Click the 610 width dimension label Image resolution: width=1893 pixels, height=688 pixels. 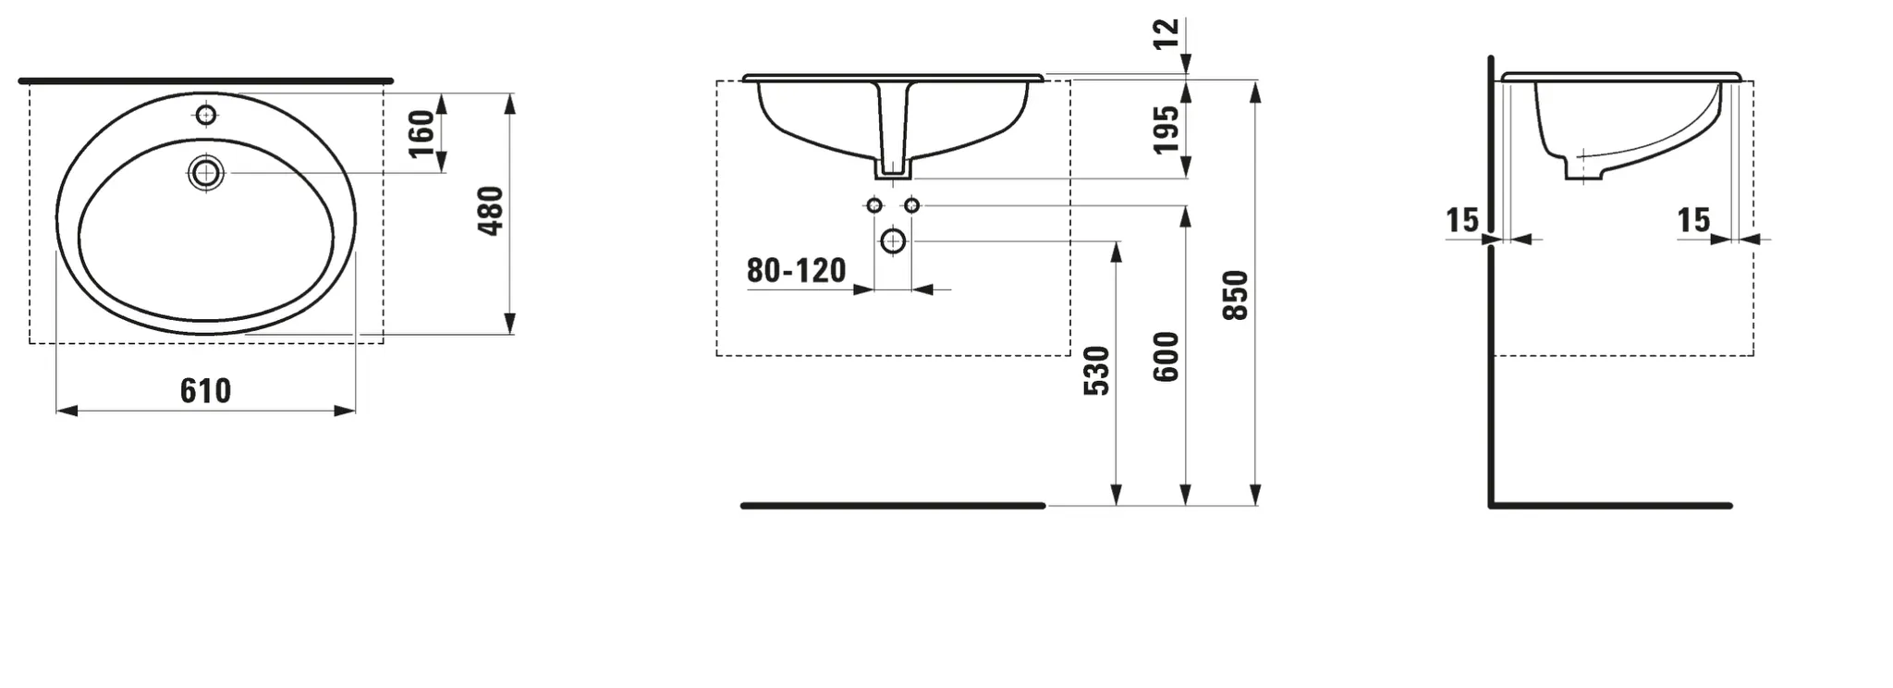click(205, 391)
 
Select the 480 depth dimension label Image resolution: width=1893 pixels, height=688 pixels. click(491, 211)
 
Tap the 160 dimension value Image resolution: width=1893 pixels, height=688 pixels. click(421, 133)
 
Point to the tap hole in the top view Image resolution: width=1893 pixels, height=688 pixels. click(206, 115)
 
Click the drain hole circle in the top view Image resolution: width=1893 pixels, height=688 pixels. click(205, 173)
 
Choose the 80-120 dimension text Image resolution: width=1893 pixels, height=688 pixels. click(796, 271)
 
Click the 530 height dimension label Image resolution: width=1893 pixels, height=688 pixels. click(1096, 370)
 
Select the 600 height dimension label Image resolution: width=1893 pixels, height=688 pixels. click(1166, 356)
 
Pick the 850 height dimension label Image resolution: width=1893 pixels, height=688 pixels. click(1236, 295)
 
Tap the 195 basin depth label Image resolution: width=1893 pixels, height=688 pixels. click(1166, 129)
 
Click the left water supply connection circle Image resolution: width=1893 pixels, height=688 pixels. click(874, 205)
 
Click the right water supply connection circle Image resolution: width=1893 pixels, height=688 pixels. click(911, 205)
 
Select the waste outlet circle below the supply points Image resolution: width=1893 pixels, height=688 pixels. click(893, 241)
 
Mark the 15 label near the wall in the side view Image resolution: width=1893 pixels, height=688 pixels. click(1462, 220)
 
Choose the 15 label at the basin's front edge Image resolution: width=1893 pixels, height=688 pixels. click(1693, 220)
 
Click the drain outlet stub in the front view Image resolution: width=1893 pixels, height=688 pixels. click(892, 169)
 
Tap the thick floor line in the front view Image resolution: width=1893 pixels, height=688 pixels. click(892, 506)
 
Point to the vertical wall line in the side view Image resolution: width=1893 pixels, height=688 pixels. click(1491, 277)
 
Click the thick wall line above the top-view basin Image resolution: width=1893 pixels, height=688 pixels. click(205, 81)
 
